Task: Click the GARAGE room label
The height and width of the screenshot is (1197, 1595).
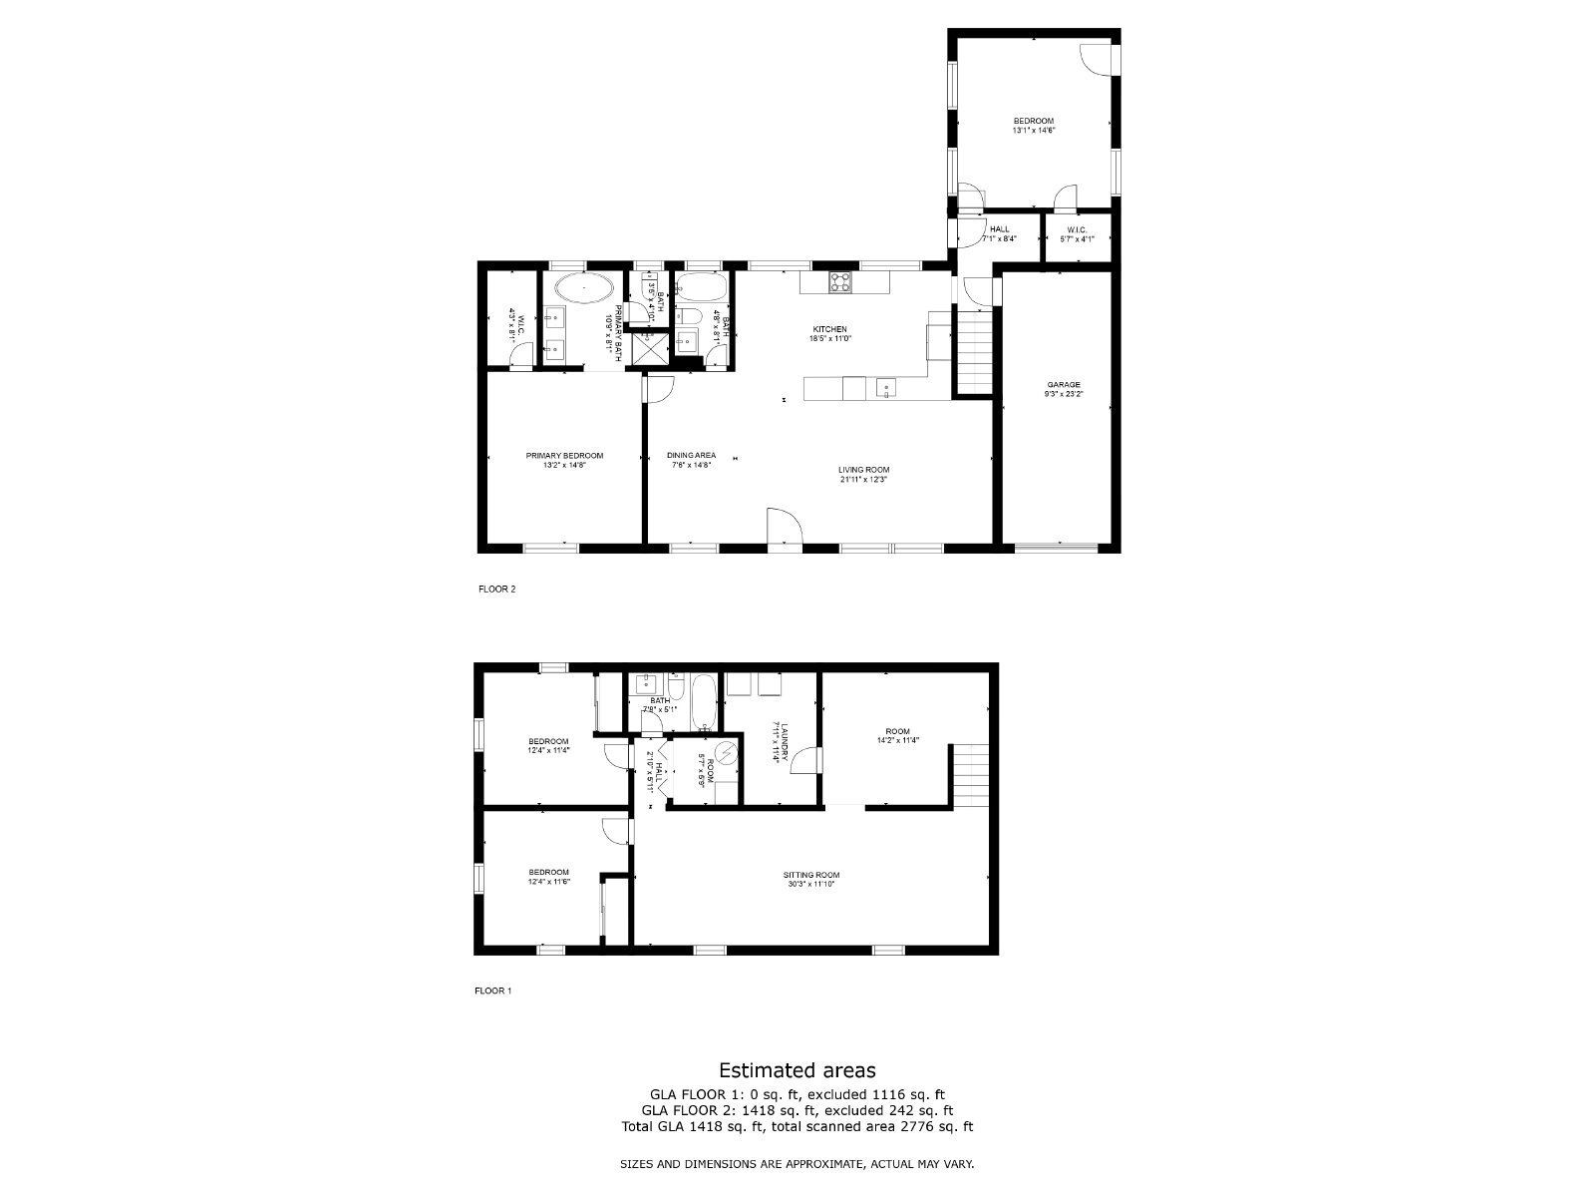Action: point(1063,384)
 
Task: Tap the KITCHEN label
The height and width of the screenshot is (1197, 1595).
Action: point(829,329)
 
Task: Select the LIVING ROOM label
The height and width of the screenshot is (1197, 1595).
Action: point(863,470)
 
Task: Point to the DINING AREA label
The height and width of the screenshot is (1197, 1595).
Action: point(691,456)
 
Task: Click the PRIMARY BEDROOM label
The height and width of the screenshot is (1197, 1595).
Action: point(564,456)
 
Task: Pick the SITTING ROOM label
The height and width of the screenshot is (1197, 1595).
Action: point(810,875)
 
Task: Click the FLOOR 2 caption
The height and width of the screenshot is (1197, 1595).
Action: point(497,589)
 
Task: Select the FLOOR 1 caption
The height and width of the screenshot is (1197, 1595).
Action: point(492,991)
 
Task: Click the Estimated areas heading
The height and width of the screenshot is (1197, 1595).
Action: point(797,1070)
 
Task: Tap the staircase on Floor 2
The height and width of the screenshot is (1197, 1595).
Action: point(975,349)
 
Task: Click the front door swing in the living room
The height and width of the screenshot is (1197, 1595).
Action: point(783,528)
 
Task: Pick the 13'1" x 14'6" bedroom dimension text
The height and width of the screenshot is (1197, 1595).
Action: point(1033,130)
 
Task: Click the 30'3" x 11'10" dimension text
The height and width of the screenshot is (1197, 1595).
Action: point(810,884)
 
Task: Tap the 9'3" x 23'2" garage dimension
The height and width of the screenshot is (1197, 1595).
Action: point(1063,394)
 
